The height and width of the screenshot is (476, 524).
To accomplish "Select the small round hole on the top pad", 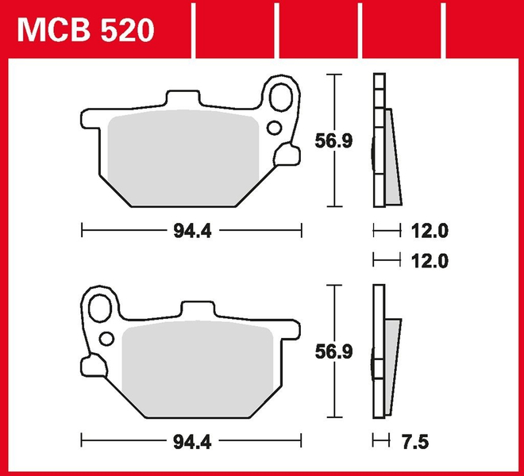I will coord(274,127).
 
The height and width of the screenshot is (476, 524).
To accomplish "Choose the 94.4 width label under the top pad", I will coord(191,231).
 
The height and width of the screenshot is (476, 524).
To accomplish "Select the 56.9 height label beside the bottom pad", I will coord(336,351).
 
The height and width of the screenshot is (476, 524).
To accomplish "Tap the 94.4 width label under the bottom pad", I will coord(191,440).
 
